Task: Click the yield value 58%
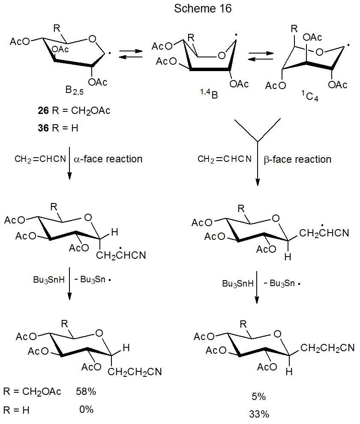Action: point(85,391)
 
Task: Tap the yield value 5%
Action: point(259,397)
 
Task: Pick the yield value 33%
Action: point(259,414)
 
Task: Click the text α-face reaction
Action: point(108,159)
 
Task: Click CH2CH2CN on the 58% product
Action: point(135,372)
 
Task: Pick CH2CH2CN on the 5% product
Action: point(327,348)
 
